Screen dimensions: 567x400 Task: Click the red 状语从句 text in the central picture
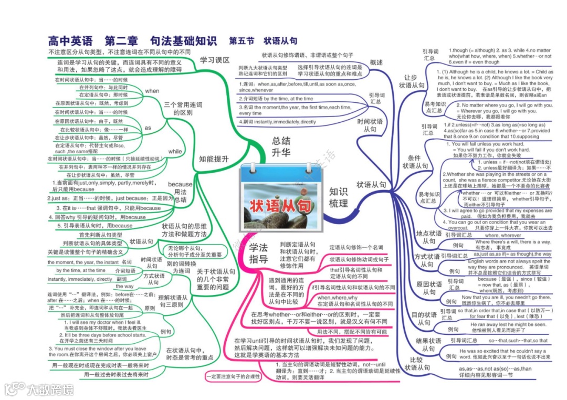(x=279, y=205)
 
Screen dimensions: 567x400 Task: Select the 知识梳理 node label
(x=338, y=197)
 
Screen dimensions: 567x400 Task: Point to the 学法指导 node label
(x=258, y=253)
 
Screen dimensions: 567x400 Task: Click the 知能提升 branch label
(x=213, y=159)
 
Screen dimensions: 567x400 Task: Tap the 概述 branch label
(x=376, y=62)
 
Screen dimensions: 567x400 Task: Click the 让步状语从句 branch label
(x=411, y=81)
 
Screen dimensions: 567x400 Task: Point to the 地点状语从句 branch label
(x=428, y=237)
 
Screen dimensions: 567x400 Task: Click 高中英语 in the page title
(x=70, y=40)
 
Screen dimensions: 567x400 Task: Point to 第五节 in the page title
(x=241, y=40)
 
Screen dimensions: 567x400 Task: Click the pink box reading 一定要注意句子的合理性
(x=233, y=376)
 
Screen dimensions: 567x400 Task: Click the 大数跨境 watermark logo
(x=39, y=389)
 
